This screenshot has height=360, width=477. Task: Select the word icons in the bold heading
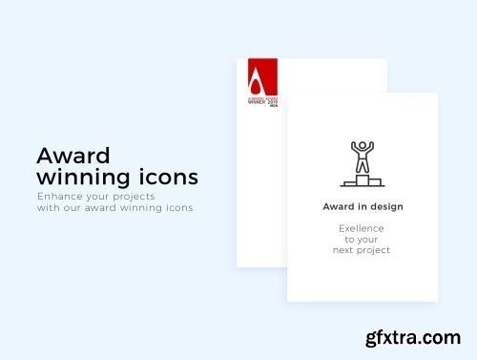tap(168, 177)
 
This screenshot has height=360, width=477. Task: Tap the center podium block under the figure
tap(363, 180)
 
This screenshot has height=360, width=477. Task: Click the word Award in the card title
tap(340, 206)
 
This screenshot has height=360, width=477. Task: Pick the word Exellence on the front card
tap(363, 228)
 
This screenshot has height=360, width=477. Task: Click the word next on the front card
tap(344, 250)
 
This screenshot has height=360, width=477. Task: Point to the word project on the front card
tap(375, 250)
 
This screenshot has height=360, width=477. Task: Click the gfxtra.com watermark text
tap(415, 338)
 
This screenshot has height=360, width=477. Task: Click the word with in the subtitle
tap(48, 207)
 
